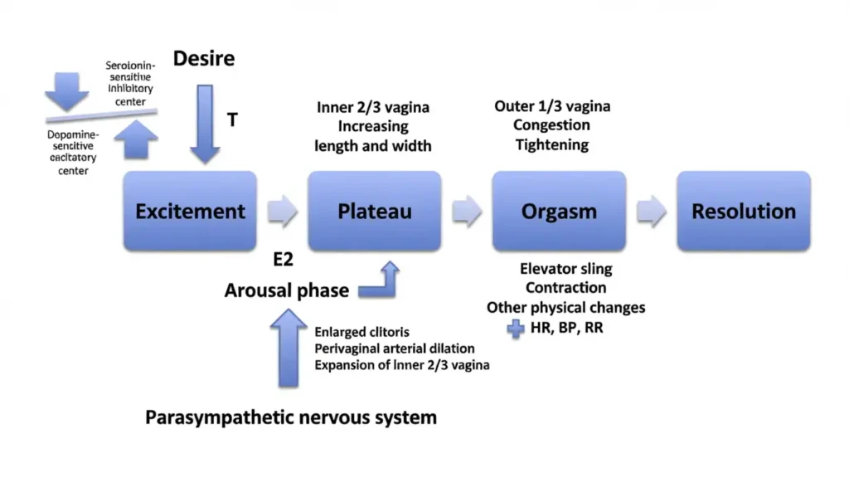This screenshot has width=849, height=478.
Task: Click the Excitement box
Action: pos(190,211)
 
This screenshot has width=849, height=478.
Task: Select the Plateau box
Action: pos(374,211)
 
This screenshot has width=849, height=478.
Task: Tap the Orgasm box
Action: pos(558,211)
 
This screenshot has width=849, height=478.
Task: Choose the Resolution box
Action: pos(743,211)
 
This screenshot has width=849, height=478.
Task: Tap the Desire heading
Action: pos(204,58)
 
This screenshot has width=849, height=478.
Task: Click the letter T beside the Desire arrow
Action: pos(232,120)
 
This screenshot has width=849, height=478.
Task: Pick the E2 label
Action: pos(284,260)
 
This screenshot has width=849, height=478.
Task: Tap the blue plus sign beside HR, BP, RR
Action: pos(515,329)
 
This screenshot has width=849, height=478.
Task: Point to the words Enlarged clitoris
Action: pos(361,332)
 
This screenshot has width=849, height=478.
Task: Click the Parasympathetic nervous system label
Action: pos(290,417)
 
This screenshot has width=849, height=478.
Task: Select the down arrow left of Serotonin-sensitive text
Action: pos(67,89)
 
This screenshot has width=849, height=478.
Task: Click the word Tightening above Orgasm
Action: pos(551,144)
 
